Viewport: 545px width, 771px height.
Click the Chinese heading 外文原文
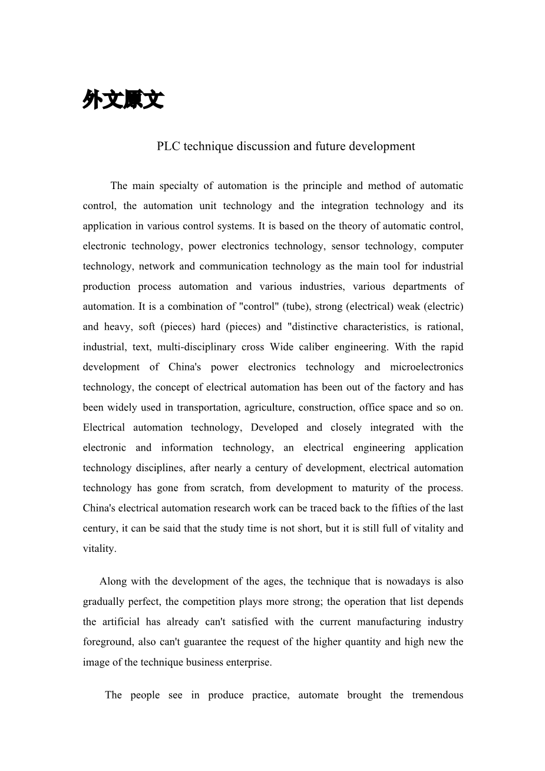pos(123,101)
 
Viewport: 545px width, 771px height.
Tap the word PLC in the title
pos(169,146)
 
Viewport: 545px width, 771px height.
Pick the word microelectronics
pos(427,367)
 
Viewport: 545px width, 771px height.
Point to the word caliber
pos(326,347)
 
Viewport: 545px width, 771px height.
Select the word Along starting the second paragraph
pos(113,581)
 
